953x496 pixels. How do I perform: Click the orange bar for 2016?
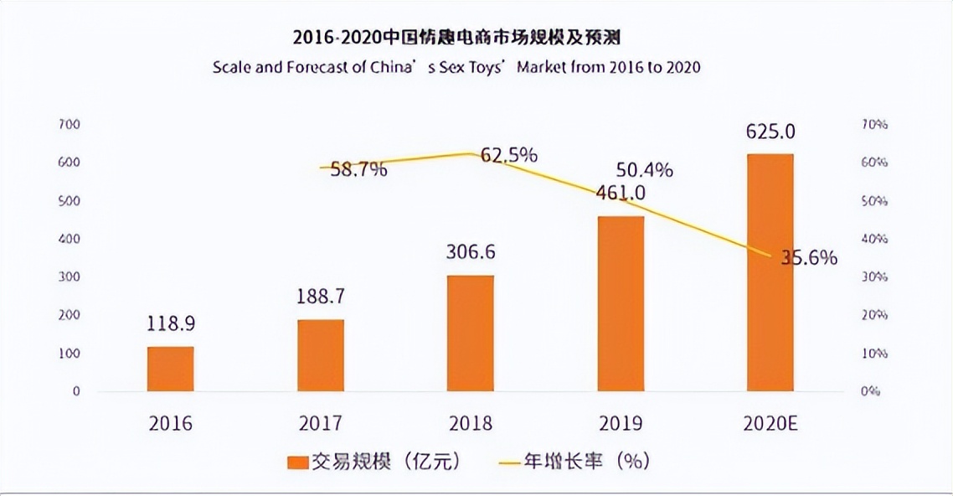(171, 369)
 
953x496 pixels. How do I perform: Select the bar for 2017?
(321, 355)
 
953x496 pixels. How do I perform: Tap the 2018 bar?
(471, 333)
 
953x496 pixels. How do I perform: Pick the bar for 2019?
(621, 303)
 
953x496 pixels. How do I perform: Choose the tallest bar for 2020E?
(770, 272)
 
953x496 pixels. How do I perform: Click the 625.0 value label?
(770, 132)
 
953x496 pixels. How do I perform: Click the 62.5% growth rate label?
(508, 156)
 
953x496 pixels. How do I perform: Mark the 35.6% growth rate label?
(809, 258)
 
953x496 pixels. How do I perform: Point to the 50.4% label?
(644, 171)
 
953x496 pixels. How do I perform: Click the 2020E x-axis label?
(770, 423)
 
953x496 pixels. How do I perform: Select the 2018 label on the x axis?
(471, 423)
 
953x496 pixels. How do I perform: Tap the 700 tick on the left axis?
(69, 125)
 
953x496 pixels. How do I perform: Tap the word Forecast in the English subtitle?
(313, 67)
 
